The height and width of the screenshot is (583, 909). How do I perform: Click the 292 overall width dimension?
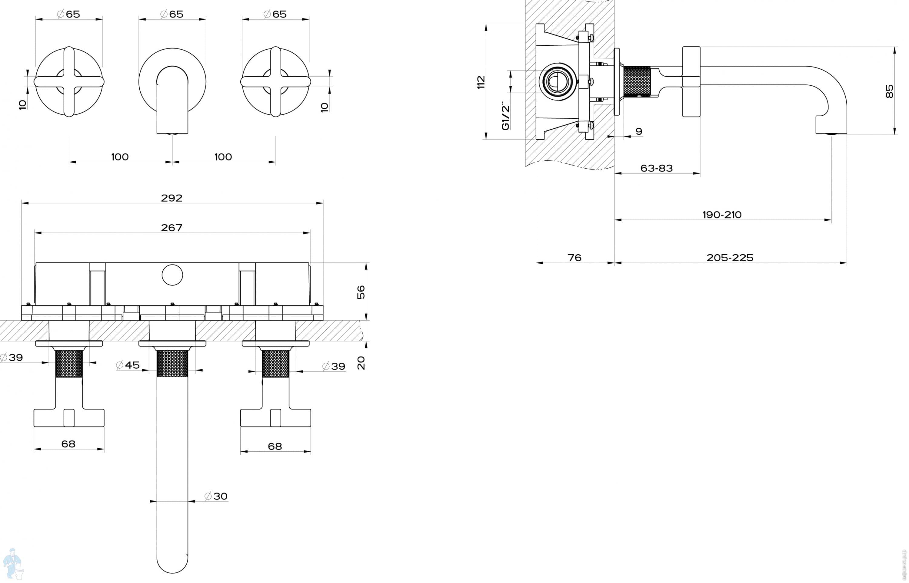[171, 198]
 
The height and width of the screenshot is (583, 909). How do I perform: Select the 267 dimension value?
[171, 228]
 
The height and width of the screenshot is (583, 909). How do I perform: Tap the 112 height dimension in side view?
[481, 82]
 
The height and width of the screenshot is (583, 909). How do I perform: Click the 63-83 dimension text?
[656, 168]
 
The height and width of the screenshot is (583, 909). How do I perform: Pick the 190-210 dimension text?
[722, 215]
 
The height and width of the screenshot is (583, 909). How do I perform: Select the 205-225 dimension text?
[730, 258]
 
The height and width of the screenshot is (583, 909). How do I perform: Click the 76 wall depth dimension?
[574, 258]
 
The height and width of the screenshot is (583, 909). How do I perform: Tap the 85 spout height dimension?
[889, 91]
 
